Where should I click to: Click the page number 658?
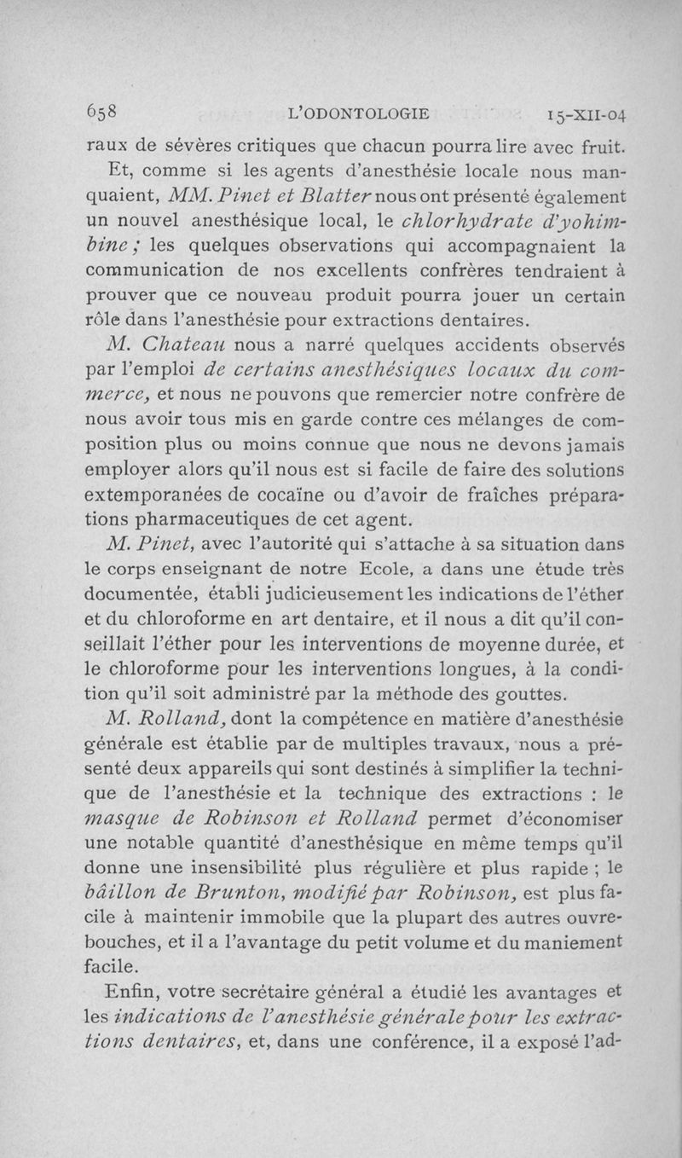104,113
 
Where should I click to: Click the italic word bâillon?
124,917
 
